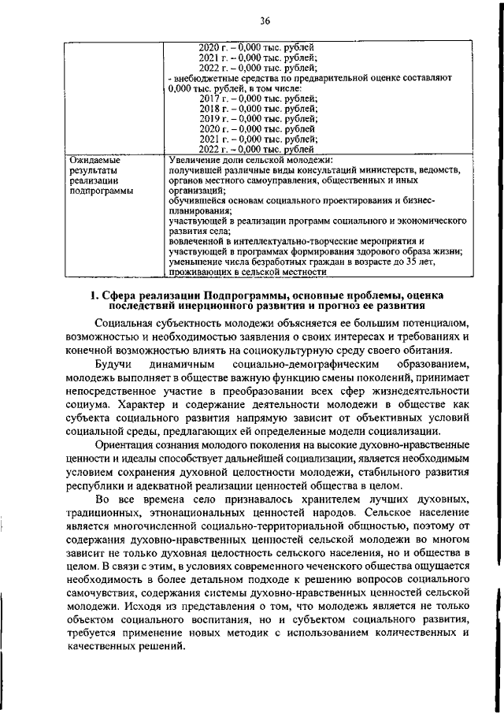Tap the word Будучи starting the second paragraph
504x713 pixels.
(113, 366)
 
